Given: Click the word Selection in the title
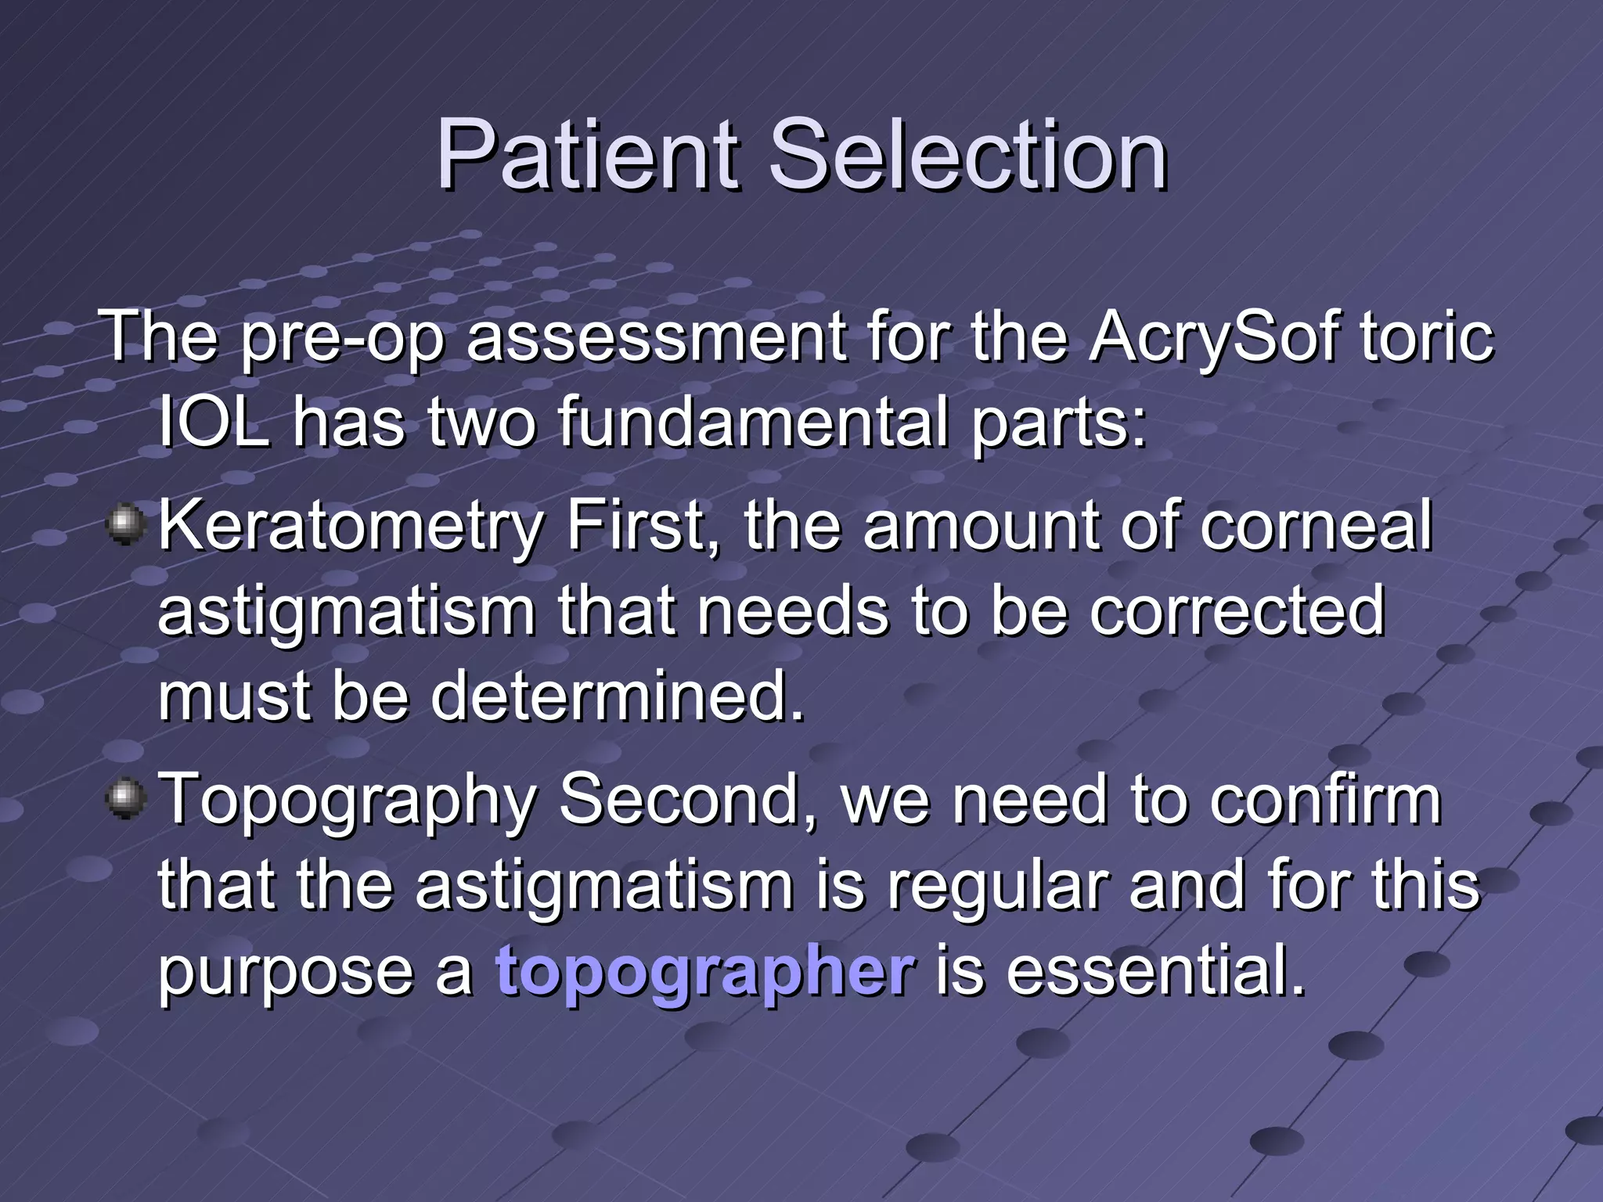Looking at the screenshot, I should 967,155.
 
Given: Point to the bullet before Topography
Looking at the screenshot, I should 125,799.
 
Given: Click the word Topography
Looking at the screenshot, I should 348,802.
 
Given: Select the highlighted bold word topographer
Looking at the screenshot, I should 704,972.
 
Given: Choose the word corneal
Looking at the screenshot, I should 1316,526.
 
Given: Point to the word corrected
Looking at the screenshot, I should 1237,610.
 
